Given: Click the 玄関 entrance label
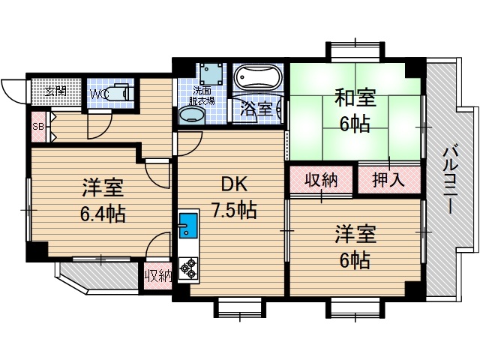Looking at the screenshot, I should [55, 91].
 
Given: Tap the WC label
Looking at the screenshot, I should [100, 94].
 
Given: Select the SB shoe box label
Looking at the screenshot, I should [37, 126].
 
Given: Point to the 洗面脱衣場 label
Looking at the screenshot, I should [202, 95].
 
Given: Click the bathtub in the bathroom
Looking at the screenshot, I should [257, 77].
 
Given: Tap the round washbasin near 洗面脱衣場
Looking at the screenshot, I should [192, 115].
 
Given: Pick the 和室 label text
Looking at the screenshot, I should [354, 98].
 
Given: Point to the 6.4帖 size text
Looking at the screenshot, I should [103, 214].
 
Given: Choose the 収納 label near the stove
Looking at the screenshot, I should [158, 275].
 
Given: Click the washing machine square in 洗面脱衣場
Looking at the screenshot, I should [210, 73].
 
